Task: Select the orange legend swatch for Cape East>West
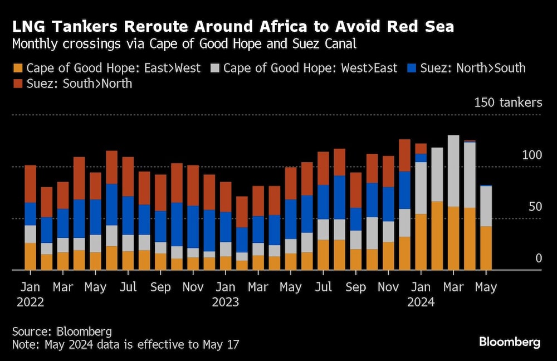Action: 18,69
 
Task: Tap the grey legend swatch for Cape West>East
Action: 215,69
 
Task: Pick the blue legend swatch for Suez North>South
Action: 411,69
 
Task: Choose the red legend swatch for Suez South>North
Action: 18,84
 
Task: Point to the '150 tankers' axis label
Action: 507,103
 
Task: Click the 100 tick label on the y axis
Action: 531,155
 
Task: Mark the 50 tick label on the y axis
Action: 535,207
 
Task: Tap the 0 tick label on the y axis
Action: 539,258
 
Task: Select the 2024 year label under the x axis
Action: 421,303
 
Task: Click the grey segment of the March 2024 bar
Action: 453,170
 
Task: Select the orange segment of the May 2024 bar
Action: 486,248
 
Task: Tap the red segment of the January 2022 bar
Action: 30,184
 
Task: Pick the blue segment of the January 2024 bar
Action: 421,158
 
